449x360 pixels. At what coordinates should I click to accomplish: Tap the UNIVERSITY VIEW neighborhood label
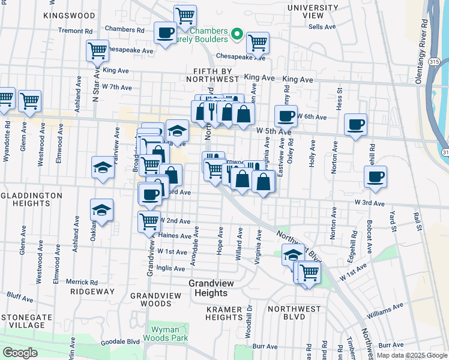point(313,11)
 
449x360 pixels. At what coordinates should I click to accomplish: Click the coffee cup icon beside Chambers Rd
point(164,32)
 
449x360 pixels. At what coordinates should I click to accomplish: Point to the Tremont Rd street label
point(75,31)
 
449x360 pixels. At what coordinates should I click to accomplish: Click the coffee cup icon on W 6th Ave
point(286,115)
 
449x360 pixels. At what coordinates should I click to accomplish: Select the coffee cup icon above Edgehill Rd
point(376,176)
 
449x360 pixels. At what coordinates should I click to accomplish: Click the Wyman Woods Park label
point(165,334)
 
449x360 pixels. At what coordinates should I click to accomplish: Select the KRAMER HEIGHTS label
point(224,313)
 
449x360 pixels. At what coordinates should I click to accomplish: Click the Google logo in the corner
point(19,353)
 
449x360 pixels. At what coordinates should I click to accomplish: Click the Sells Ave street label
point(322,27)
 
